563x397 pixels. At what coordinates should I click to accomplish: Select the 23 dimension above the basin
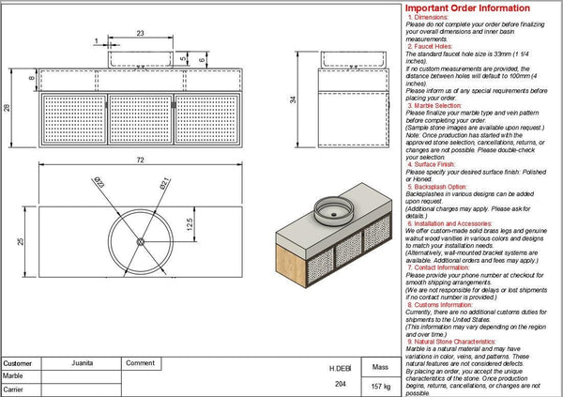[140, 33]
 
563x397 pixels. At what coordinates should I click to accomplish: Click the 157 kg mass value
[381, 386]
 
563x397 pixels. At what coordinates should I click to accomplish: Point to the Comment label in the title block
[140, 363]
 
